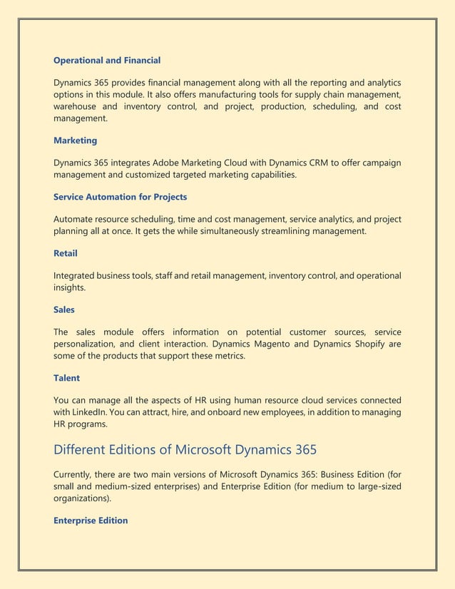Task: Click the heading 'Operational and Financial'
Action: click(107, 60)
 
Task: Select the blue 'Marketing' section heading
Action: click(76, 140)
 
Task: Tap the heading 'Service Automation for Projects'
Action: click(121, 196)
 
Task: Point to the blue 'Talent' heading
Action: click(66, 378)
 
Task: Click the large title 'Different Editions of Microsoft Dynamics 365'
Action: click(185, 450)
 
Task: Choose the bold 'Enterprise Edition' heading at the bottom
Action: click(91, 521)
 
